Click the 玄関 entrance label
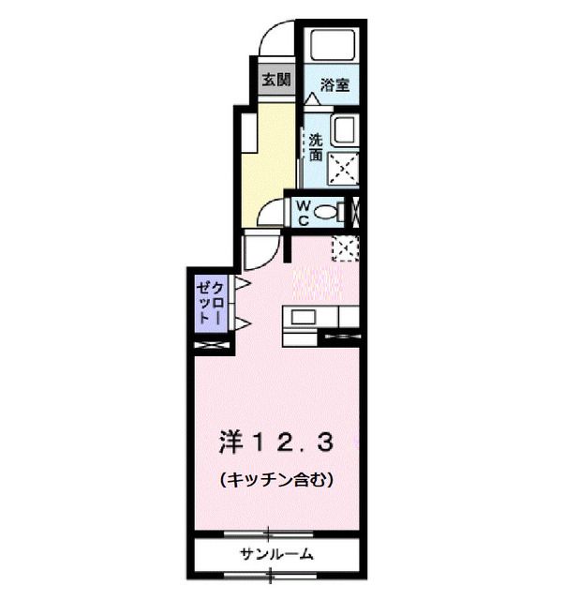[275, 80]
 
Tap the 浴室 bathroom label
[335, 85]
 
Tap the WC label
[305, 213]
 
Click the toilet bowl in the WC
[329, 214]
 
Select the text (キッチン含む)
[277, 480]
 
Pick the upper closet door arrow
[241, 282]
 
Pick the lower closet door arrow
[241, 323]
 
